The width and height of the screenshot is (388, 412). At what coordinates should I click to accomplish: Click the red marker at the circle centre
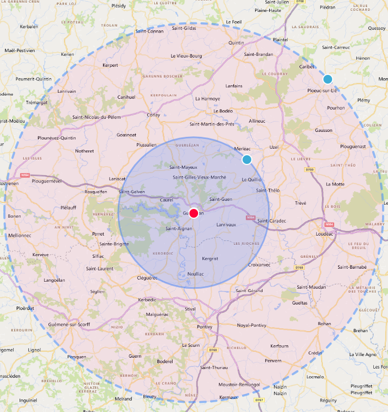pos(194,213)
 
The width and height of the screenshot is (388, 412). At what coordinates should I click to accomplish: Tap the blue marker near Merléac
pos(247,160)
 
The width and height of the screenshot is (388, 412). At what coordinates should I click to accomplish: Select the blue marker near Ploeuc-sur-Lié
pos(327,79)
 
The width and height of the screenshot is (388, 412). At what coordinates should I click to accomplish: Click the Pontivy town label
pos(204,327)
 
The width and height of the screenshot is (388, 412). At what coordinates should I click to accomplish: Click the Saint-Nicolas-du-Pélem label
pos(96,117)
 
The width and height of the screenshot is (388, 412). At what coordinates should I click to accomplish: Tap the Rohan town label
pos(324,324)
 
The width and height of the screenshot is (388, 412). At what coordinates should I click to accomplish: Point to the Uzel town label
pos(273,147)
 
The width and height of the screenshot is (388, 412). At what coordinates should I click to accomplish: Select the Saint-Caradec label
pos(271,220)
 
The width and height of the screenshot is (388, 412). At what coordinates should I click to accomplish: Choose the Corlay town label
pos(153,115)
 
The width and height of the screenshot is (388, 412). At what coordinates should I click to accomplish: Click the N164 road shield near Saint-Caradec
pos(250,218)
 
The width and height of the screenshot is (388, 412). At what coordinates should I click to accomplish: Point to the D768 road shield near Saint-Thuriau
pos(213,350)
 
